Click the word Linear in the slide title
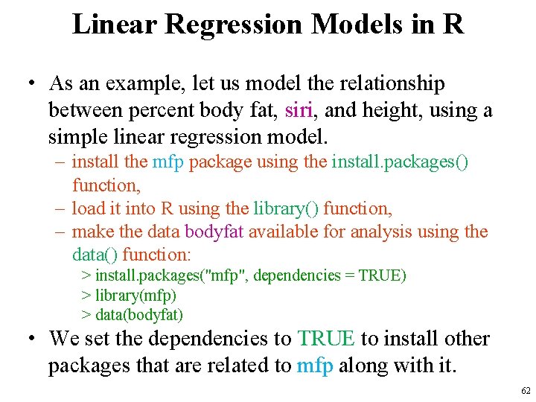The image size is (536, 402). coord(114,24)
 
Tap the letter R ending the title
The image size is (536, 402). coord(452,24)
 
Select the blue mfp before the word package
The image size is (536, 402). coord(168,162)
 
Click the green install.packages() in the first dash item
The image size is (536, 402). coord(400,162)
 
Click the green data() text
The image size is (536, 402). coord(95,254)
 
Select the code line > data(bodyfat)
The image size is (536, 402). coord(132,315)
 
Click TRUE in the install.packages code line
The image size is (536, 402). coord(380,275)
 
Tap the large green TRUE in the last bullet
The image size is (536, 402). coord(326,339)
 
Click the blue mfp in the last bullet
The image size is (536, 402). coord(314,366)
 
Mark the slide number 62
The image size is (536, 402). coord(526,391)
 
